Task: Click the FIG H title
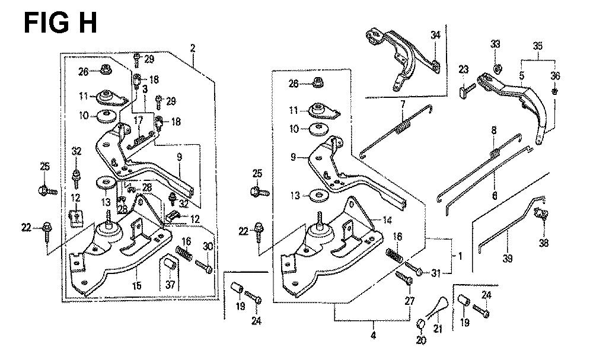[x=60, y=24]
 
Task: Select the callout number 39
[x=508, y=258]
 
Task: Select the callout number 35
[x=538, y=46]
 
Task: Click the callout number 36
[x=555, y=75]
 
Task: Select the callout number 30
[x=208, y=247]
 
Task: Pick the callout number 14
[x=387, y=219]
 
